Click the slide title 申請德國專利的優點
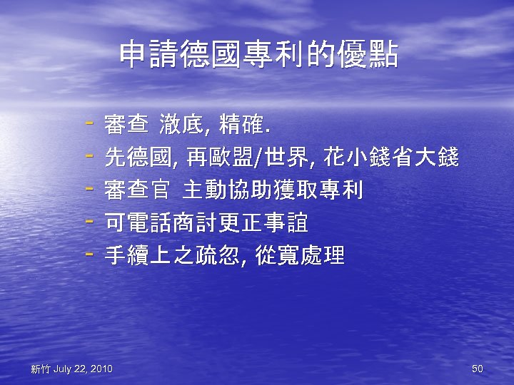258,55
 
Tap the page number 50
478,369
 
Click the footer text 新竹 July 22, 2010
71,369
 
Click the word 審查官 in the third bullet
137,190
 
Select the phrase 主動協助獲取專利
273,190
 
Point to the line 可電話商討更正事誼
206,223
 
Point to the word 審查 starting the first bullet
121,125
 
